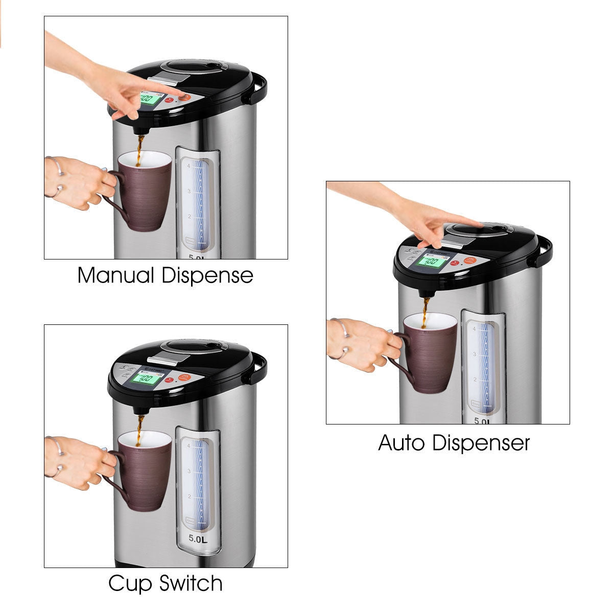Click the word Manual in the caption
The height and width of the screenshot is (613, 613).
pyautogui.click(x=115, y=275)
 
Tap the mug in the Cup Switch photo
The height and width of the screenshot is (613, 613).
pyautogui.click(x=144, y=471)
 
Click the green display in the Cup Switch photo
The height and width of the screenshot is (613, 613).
pyautogui.click(x=146, y=379)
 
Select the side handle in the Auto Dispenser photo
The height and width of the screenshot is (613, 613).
pyautogui.click(x=545, y=252)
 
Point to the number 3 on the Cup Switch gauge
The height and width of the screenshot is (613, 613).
pyautogui.click(x=189, y=470)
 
